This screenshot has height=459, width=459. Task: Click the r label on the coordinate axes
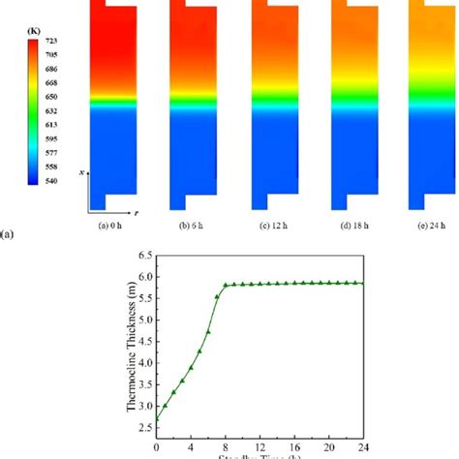tap(135, 210)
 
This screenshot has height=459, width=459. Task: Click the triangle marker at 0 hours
tap(157, 419)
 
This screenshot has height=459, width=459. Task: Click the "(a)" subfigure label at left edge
tap(8, 233)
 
